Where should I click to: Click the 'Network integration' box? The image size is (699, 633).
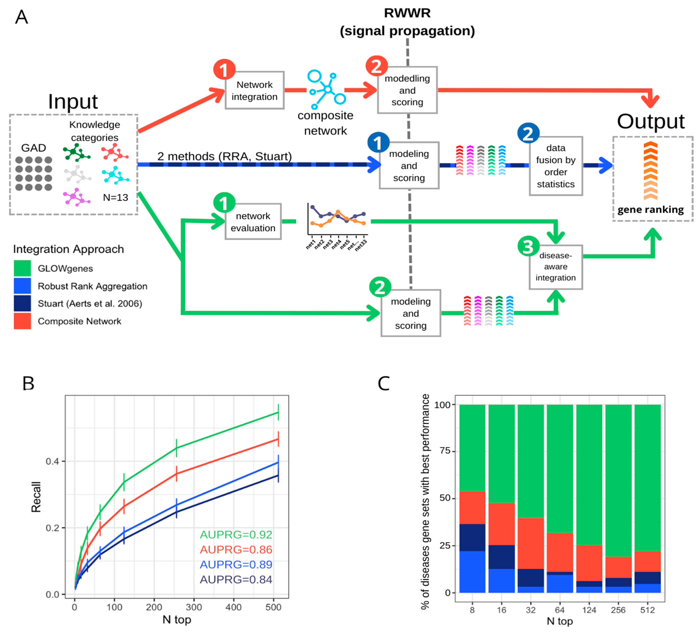coord(255,91)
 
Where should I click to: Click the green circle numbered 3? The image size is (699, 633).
coord(528,247)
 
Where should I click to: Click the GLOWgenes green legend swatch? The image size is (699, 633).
coord(22,268)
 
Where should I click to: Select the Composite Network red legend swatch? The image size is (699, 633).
coord(22,321)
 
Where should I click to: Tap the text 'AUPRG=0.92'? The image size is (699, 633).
coord(236,534)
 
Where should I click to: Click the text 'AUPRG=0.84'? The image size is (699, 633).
coord(236,580)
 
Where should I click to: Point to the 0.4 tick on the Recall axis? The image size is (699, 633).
coord(53,461)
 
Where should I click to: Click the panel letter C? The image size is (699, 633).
coord(384,384)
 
